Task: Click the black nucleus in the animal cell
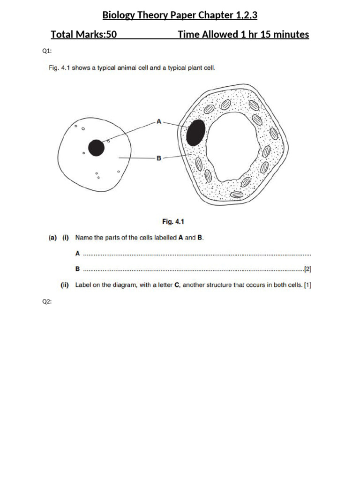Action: tap(96, 148)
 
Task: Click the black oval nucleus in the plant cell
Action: tap(195, 133)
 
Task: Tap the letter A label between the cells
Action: tap(158, 121)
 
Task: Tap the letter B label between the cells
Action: tap(158, 158)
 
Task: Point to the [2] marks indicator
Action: tap(307, 269)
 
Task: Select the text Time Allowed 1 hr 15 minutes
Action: tap(243, 35)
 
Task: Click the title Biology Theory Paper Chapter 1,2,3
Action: tap(180, 16)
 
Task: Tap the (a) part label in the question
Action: tap(53, 238)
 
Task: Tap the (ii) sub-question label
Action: tap(65, 285)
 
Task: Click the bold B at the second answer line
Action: tap(77, 270)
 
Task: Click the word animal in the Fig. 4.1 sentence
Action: tap(123, 68)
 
